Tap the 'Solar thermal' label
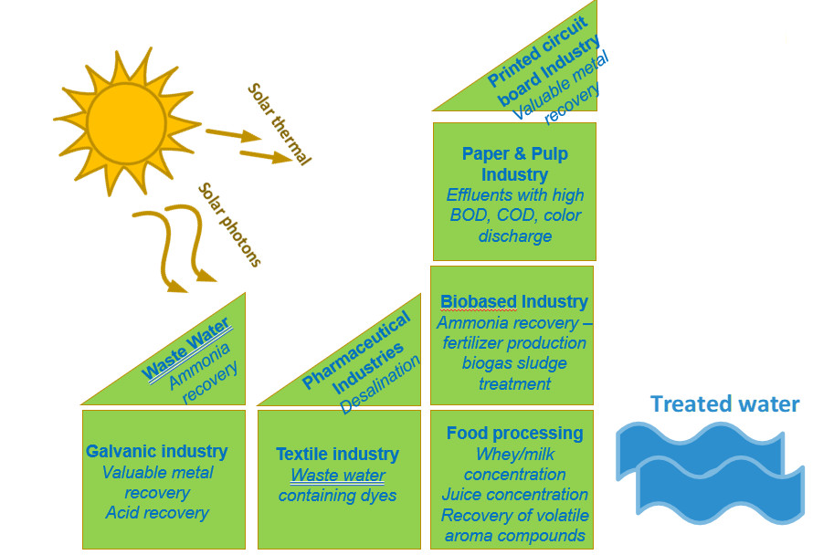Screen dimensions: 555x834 pos(278,124)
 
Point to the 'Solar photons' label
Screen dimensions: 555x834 pos(229,225)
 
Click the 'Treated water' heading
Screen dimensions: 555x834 pos(724,403)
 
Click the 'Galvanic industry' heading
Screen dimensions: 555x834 pos(156,451)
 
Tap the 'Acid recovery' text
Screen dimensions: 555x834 pos(156,512)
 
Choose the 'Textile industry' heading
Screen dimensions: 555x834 pos(337,454)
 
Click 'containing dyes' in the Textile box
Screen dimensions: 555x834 pos(337,496)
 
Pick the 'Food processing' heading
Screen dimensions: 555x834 pos(514,433)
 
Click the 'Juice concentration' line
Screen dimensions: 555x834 pos(514,495)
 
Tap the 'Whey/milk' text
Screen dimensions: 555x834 pos(514,454)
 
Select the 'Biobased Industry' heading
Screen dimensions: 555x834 pos(514,301)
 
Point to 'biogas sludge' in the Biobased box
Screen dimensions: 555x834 pos(514,363)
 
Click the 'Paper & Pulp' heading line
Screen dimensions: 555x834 pos(514,153)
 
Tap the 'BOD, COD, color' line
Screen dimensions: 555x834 pos(515,215)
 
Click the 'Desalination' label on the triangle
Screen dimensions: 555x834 pos(380,384)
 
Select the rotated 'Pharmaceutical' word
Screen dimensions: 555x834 pos(355,351)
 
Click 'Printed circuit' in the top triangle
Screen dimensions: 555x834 pos(529,52)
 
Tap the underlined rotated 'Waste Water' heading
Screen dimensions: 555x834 pos(186,353)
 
